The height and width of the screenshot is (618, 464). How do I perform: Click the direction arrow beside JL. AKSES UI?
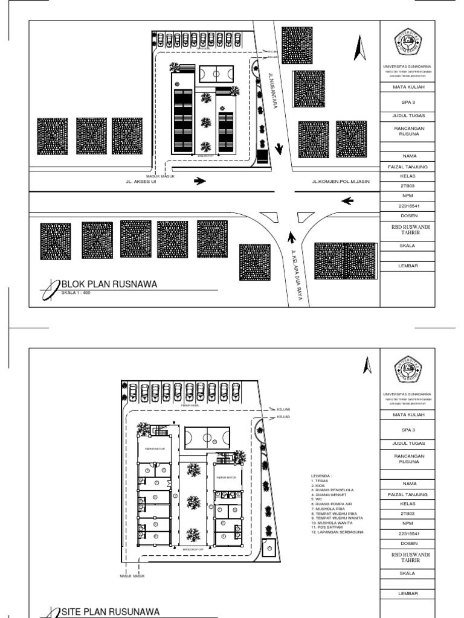[x=201, y=180]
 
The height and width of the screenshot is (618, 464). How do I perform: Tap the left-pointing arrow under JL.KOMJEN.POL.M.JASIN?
[x=347, y=201]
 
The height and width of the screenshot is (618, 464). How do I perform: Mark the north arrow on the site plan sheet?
[x=366, y=365]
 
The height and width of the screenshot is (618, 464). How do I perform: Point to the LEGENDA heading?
[x=321, y=476]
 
